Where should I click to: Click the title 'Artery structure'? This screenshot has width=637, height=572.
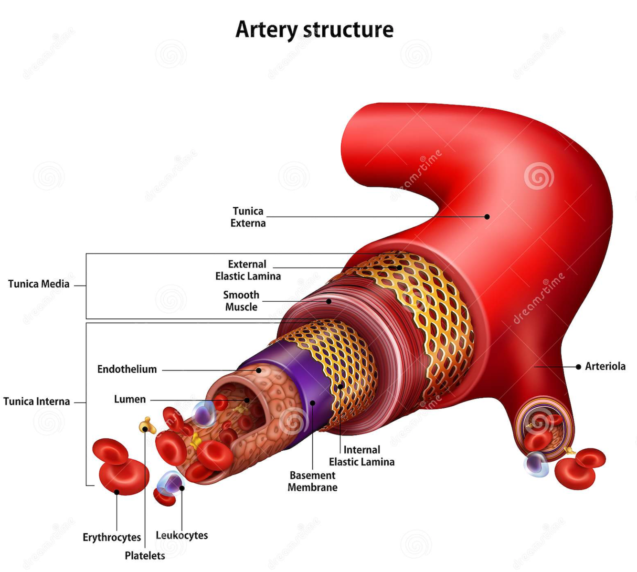pos(314,30)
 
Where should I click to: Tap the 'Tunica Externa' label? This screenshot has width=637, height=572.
pos(248,217)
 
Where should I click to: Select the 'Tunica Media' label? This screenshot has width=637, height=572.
pos(39,284)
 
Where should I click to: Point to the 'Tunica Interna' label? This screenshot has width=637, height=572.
pos(37,402)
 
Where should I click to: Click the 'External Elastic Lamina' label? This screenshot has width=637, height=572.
pos(248,270)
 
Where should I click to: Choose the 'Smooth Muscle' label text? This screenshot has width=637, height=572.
pos(241,301)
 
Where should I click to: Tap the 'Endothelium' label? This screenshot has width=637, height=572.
pos(127,369)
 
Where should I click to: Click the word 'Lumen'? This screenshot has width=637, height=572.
pos(130,399)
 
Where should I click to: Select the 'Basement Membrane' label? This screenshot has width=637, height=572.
pos(312,481)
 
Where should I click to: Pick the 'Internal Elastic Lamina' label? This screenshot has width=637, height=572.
pos(361,456)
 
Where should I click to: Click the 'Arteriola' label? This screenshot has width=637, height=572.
pos(605,366)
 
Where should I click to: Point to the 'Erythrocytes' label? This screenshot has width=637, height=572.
pos(112,538)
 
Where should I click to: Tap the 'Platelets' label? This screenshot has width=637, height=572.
pos(145,556)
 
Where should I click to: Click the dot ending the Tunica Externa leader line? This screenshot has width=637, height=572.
pos(487,217)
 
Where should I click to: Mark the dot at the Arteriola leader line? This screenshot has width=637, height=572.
pos(578,367)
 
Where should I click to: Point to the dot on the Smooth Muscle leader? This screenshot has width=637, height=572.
pos(329,302)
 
